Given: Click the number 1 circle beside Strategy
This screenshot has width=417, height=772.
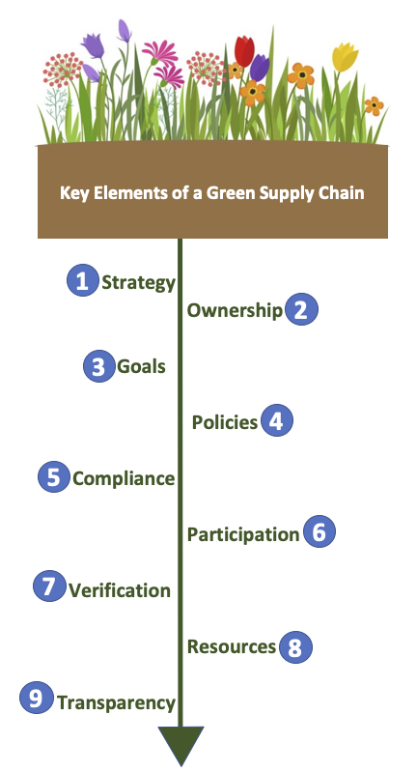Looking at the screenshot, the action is tap(83, 280).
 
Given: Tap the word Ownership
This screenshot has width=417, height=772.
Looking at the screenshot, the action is tap(236, 311).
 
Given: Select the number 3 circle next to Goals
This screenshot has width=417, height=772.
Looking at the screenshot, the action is tap(98, 366).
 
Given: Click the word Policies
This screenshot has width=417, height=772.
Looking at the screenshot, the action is tap(225, 422).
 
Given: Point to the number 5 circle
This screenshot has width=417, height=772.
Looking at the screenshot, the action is tap(54, 476).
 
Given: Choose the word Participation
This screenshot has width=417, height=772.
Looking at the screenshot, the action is tap(243, 534).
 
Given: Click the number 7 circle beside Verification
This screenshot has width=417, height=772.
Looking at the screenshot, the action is tap(49, 586).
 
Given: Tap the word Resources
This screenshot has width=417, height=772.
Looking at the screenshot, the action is tap(232, 646).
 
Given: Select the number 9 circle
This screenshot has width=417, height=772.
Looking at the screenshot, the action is tap(36, 698).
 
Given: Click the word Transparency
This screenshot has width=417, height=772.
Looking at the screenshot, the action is tap(116, 702).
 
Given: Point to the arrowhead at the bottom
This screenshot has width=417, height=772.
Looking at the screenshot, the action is tap(181, 745).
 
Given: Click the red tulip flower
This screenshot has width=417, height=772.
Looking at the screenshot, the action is tap(244, 50).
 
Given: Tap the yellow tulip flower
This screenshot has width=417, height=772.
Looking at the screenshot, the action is tap(346, 57).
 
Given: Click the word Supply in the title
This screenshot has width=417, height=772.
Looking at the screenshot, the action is tap(277, 193).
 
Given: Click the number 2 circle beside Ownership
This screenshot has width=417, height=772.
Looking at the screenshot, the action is tap(301, 308).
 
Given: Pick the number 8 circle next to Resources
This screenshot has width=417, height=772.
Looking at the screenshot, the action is tap(295, 646).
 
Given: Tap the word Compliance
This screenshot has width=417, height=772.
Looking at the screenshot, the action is tap(124, 479).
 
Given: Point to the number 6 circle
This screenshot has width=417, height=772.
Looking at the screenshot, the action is tap(320, 531).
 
